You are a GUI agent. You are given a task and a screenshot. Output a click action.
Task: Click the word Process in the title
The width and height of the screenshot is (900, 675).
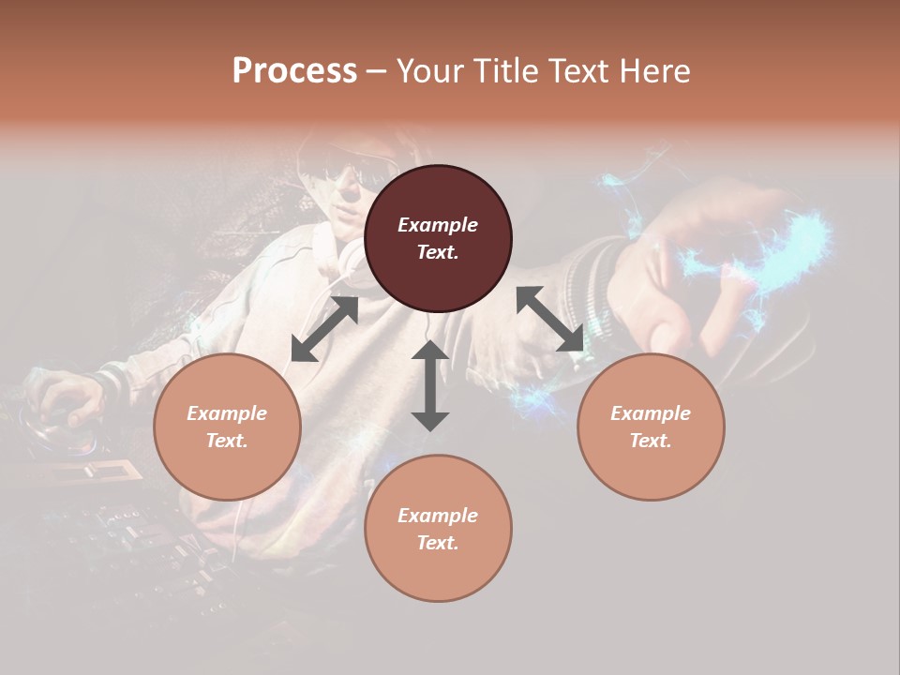294,71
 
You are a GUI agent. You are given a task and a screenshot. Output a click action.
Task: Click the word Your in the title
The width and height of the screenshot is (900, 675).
430,71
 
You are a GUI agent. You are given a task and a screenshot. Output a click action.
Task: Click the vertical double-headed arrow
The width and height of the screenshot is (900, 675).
430,385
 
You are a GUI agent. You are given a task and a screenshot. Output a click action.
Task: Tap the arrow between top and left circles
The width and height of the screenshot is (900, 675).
324,329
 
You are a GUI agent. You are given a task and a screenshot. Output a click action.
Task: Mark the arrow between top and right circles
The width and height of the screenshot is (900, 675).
550,319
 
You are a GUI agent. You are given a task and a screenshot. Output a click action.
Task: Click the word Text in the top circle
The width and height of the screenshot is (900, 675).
438,252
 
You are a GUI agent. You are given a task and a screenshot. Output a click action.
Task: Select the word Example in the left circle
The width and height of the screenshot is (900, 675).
227,413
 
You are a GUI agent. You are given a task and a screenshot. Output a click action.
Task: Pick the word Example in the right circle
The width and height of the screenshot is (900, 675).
651,413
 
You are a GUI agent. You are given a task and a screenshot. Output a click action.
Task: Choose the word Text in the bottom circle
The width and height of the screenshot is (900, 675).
438,543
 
